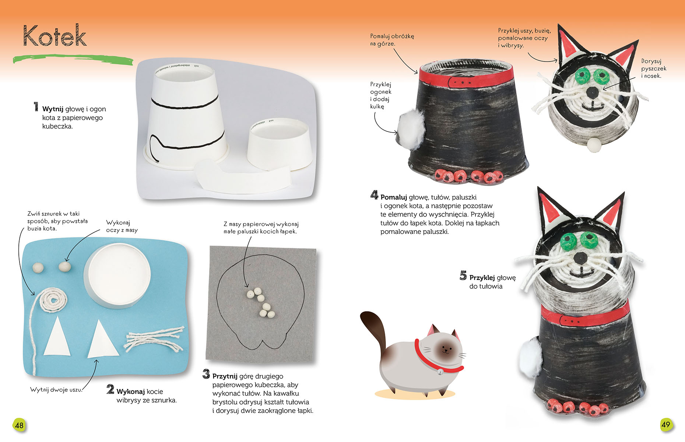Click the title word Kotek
point(55,36)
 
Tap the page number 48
point(19,425)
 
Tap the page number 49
point(665,424)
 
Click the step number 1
point(36,107)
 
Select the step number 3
point(206,374)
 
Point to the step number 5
point(463,276)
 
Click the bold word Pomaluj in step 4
point(394,197)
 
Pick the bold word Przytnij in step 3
point(225,376)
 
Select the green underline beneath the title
point(73,60)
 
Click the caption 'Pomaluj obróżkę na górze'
point(392,40)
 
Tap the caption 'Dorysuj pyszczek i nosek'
point(654,69)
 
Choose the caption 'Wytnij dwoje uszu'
point(56,390)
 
